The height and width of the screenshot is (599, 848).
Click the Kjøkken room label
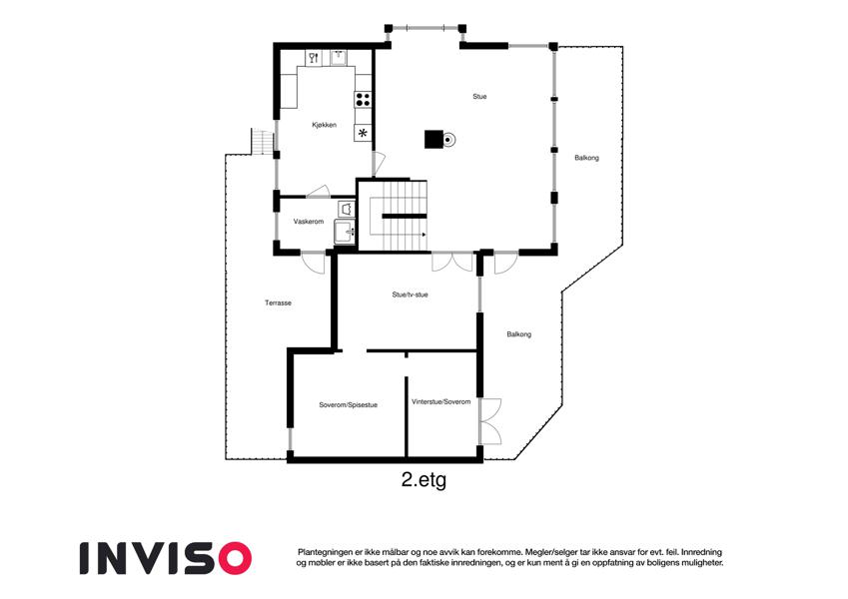324,125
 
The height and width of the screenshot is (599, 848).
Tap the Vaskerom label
309,222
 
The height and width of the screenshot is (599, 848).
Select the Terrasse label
278,302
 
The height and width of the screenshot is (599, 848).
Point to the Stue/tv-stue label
410,295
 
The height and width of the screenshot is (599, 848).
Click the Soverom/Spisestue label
348,405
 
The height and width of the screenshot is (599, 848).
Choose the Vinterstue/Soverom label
440,402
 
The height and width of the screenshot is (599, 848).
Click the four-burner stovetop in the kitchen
363,100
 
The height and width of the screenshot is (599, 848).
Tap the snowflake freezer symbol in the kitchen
363,133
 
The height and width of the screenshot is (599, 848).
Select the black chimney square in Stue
433,140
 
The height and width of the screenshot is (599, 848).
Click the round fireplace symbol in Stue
448,140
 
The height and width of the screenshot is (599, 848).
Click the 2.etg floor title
424,479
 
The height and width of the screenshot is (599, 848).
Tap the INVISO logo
166,558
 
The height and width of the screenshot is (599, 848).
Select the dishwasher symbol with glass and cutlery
314,58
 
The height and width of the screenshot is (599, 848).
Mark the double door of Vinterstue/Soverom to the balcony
490,421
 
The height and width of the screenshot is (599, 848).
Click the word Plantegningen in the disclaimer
323,552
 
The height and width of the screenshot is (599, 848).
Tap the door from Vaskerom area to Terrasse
314,263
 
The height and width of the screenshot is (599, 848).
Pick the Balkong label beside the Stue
586,158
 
